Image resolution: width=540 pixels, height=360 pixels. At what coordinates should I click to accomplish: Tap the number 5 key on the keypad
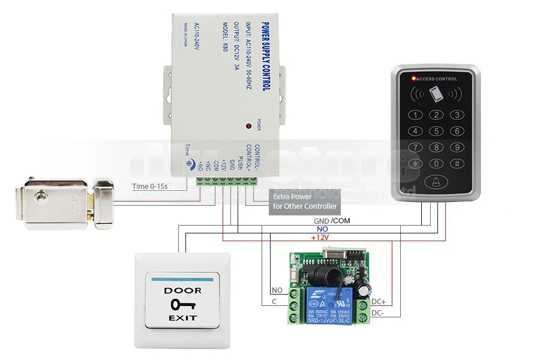tap(436, 131)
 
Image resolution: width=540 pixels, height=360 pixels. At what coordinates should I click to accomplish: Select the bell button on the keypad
tap(436, 182)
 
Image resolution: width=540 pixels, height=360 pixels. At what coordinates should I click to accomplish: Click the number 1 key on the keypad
tap(415, 115)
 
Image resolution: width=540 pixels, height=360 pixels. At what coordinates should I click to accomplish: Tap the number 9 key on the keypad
tap(457, 147)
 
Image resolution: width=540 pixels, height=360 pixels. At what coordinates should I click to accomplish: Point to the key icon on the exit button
tap(182, 304)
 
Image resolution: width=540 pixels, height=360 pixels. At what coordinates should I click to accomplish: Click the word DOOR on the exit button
tap(182, 290)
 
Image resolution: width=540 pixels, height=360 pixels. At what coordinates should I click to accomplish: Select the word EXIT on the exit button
tap(182, 317)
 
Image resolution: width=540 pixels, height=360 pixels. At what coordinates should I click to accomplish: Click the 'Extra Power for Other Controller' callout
tap(305, 201)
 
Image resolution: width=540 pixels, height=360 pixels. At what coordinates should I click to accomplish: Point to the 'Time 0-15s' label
tap(150, 187)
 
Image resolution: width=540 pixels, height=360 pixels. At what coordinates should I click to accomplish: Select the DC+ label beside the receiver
tap(379, 302)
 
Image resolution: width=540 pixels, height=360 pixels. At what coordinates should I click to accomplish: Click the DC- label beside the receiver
tap(377, 313)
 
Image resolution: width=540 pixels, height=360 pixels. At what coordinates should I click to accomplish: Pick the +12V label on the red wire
tap(320, 238)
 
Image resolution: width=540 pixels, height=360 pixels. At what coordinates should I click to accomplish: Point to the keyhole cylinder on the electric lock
tap(41, 196)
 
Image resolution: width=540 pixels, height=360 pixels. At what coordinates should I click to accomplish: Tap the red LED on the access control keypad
tap(412, 79)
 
